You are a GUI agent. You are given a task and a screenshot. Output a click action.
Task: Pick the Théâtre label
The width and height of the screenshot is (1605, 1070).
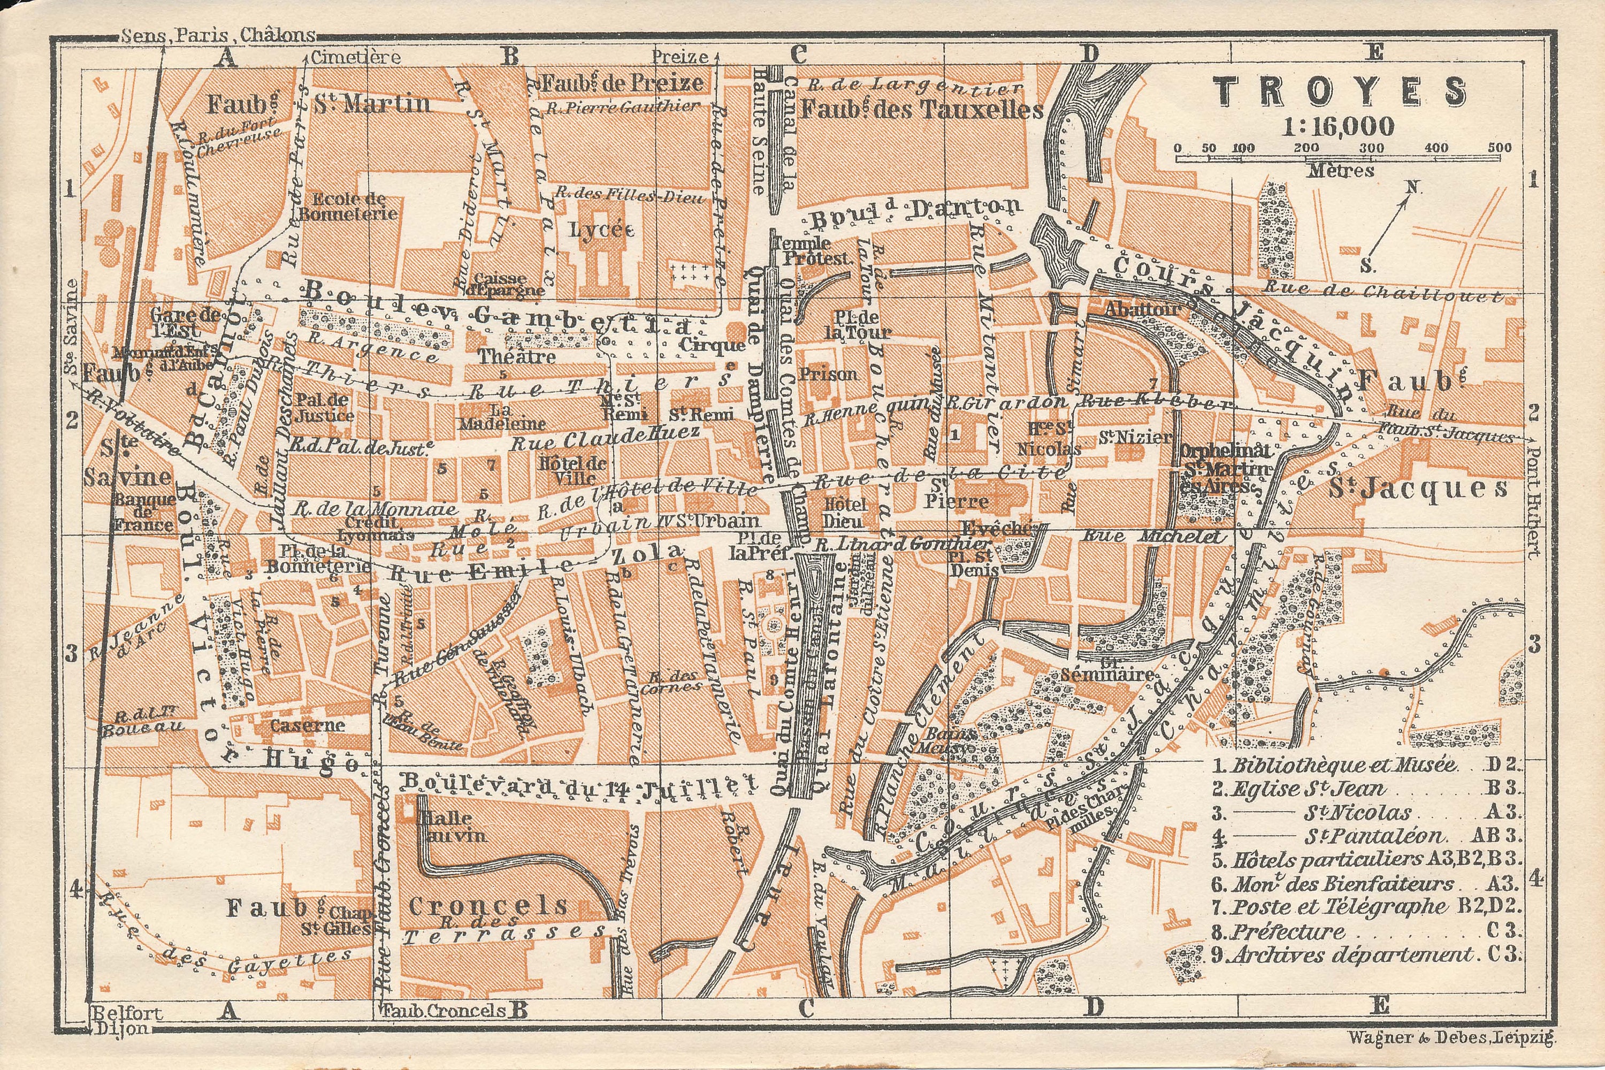coord(517,356)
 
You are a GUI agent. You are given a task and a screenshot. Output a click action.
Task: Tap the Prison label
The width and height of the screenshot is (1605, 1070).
coord(828,374)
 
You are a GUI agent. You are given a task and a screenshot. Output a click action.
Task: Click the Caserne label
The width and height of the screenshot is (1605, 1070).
coord(307,725)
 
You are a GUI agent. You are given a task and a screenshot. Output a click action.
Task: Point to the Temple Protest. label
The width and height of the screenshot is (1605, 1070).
coord(813,250)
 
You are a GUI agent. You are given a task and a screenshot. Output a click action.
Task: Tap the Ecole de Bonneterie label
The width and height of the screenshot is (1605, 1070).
coord(349,206)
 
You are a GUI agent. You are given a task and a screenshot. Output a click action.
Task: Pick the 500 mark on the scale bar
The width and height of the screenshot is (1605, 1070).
coord(1499,148)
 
